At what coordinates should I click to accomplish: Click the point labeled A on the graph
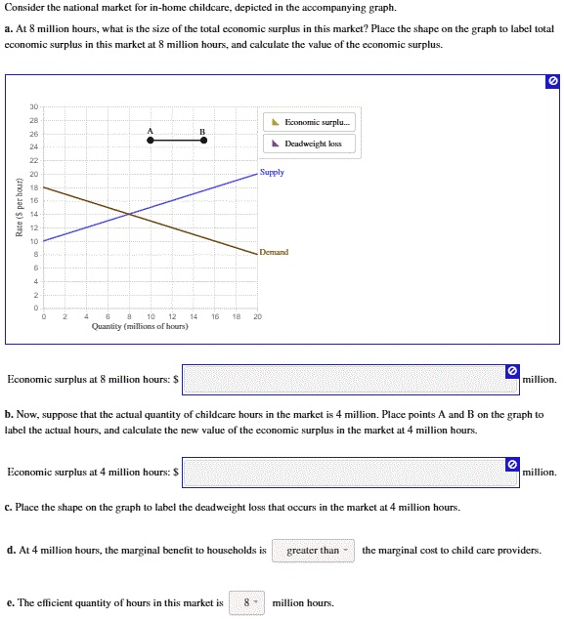[x=150, y=141]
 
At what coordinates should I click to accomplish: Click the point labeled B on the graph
[x=203, y=141]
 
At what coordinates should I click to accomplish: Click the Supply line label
[x=273, y=172]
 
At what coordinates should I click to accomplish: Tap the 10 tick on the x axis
[x=150, y=316]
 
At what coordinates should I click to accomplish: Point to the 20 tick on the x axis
[x=257, y=316]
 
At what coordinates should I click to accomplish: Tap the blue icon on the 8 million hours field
[x=512, y=371]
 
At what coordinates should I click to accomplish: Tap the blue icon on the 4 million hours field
[x=512, y=464]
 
